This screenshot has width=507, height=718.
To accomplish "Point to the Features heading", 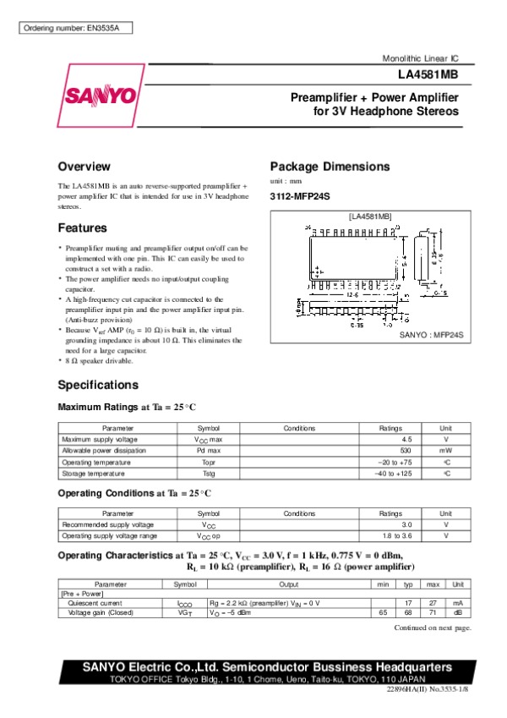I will [x=82, y=228].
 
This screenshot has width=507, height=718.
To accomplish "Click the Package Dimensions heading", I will [x=330, y=167].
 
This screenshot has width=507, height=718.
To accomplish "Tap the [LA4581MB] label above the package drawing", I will [x=370, y=217].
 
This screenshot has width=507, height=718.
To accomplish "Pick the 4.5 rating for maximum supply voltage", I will [x=406, y=440].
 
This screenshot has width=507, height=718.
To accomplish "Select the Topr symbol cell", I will [x=209, y=463].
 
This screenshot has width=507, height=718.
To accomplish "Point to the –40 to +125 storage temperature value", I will [x=393, y=474].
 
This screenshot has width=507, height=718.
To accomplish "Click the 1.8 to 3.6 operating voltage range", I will [x=396, y=536].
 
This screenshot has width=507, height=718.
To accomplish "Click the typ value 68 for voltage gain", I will [x=408, y=613].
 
